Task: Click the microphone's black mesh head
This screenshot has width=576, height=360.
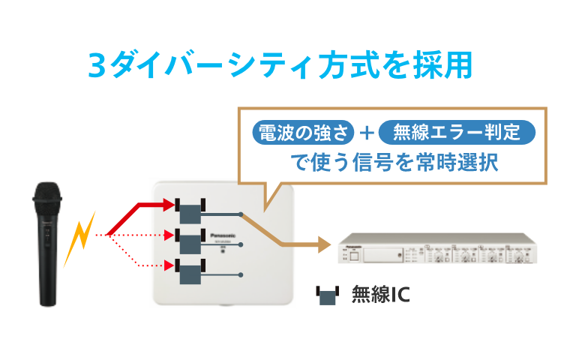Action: (46, 196)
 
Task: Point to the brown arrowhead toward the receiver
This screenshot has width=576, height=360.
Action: (323, 244)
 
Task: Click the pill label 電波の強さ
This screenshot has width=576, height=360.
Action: (303, 133)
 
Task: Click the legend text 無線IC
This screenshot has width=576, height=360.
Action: (380, 295)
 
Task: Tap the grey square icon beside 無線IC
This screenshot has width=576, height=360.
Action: (328, 295)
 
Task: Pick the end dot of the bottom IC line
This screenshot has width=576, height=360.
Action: (241, 274)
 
